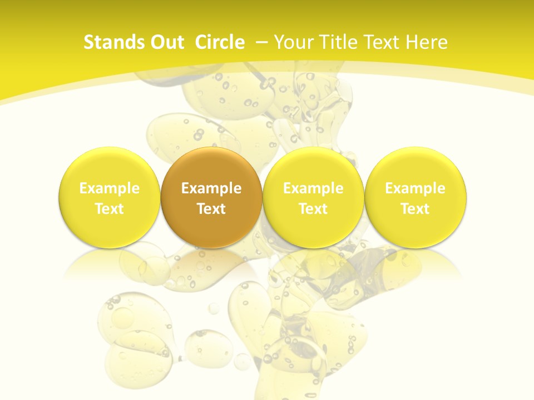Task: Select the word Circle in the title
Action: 220,42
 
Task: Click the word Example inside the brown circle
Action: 211,188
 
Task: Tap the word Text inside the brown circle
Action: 211,209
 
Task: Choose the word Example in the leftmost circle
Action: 110,188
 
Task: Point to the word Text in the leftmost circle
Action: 110,209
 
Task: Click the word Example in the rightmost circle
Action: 415,188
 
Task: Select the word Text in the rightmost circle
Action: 415,209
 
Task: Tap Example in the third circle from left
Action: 313,188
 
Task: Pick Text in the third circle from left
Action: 313,209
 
